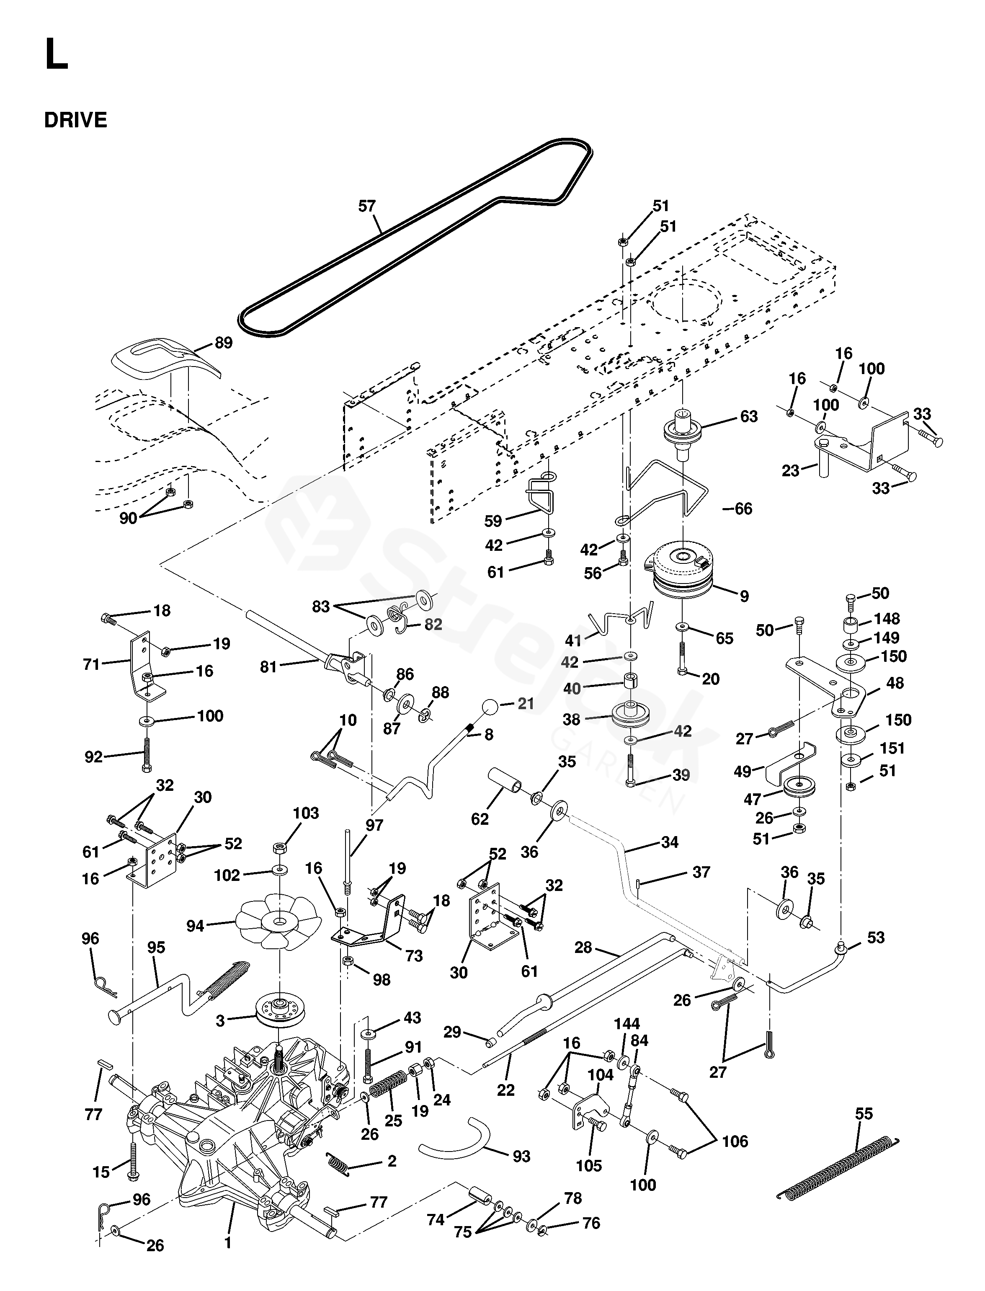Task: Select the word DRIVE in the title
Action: (x=76, y=120)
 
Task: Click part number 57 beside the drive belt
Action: (x=367, y=207)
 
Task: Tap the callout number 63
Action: (x=749, y=416)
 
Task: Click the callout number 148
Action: (x=887, y=619)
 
